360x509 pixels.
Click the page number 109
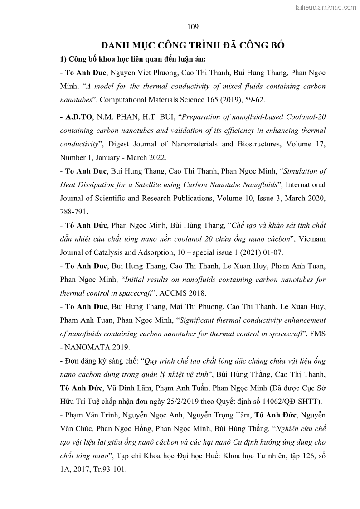(x=193, y=27)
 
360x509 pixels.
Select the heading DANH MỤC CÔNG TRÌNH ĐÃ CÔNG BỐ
(x=193, y=45)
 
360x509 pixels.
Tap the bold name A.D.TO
(x=78, y=117)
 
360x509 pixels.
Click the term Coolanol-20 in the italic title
(x=305, y=117)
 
